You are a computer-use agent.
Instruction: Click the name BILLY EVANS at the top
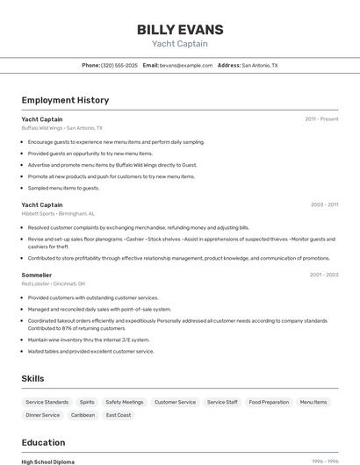point(180,30)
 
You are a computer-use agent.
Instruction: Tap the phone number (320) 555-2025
point(119,65)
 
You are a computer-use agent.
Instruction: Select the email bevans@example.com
point(186,65)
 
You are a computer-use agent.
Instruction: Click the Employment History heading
point(65,100)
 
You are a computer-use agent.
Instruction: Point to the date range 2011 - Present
point(321,118)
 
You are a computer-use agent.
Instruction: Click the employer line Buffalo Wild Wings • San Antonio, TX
point(61,127)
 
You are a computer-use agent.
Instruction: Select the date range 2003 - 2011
point(324,204)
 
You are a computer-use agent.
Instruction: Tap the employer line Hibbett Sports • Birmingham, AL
point(58,213)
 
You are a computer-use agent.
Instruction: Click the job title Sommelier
point(37,275)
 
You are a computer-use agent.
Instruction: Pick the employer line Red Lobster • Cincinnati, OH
point(53,283)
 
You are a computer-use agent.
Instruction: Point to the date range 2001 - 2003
point(324,275)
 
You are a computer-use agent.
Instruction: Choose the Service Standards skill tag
point(47,402)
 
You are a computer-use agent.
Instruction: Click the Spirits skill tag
point(87,402)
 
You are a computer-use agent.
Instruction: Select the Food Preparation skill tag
point(269,402)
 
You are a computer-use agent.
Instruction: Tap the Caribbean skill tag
point(83,415)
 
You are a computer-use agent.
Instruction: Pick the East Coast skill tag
point(119,415)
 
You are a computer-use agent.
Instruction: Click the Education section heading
point(43,442)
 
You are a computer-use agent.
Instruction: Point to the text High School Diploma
point(48,461)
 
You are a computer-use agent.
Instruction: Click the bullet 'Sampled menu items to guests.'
point(63,188)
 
